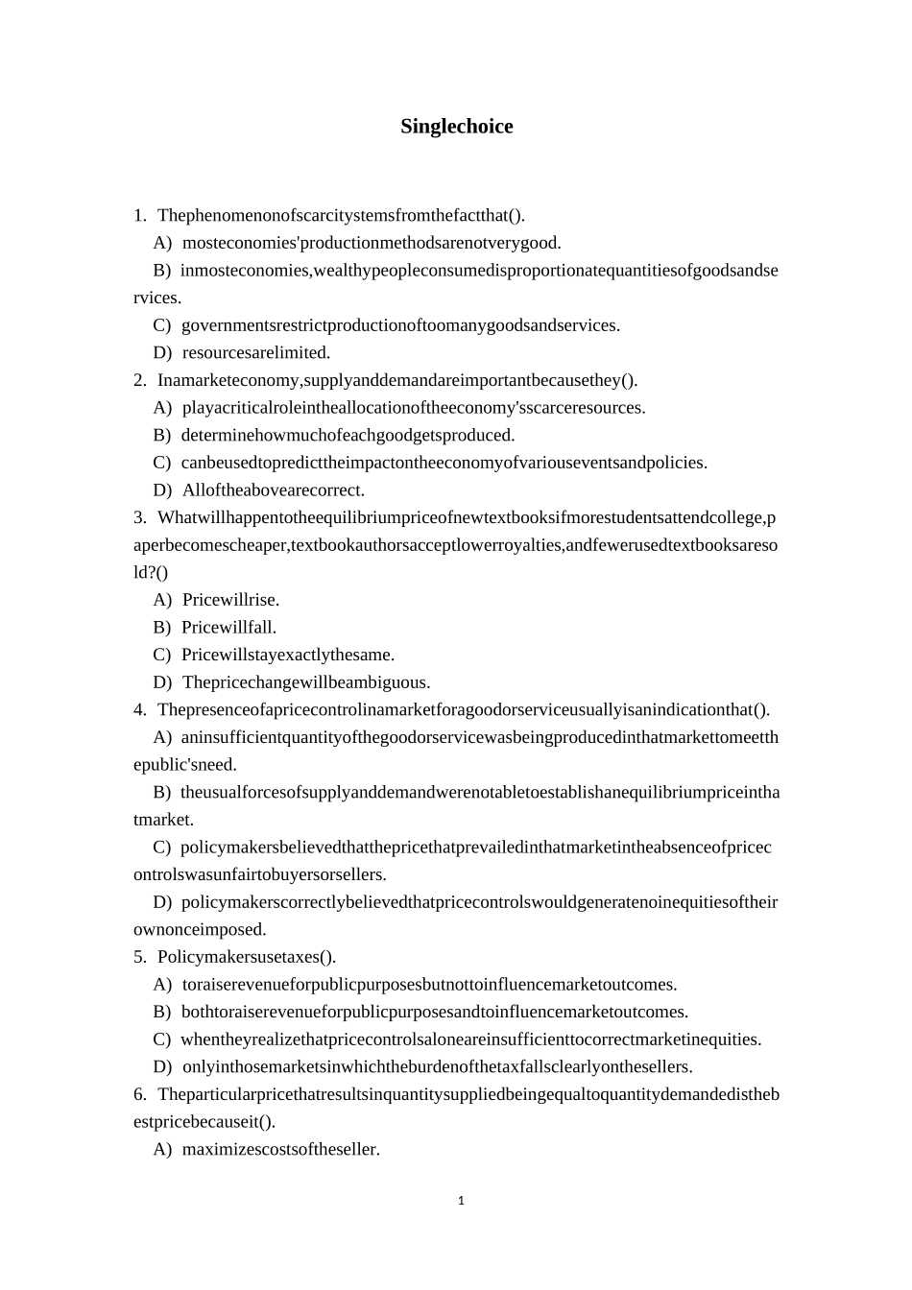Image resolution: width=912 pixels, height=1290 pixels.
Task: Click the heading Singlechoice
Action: (456, 127)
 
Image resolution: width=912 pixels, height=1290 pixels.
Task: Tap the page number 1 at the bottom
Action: (461, 1200)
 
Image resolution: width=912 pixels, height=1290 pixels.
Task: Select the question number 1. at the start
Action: (140, 215)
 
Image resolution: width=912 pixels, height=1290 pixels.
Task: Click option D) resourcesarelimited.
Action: (255, 352)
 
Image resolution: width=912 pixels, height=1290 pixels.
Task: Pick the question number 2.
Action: (140, 380)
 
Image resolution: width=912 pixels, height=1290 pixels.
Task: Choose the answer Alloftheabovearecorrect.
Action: (274, 490)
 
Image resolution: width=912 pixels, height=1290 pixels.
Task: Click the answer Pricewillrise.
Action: (230, 600)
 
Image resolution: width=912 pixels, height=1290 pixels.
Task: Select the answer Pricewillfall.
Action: (228, 628)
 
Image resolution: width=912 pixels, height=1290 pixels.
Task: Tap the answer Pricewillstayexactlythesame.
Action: (288, 655)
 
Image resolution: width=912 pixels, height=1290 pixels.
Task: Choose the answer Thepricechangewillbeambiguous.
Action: (306, 682)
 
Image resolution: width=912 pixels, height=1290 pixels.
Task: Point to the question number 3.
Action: (140, 517)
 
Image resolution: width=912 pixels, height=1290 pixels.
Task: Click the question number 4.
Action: (140, 709)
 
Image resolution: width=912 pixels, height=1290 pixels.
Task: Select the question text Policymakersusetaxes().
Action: (247, 957)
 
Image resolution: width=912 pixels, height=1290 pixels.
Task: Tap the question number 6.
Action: (140, 1094)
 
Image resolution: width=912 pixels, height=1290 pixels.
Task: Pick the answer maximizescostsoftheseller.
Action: (280, 1149)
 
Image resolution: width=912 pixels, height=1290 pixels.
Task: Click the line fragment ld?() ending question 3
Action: (151, 572)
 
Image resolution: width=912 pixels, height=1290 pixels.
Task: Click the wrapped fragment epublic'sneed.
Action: (184, 765)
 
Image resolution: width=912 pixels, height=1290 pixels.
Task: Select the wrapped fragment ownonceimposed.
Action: (200, 929)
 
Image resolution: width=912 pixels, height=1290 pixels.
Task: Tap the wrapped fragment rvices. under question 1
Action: (157, 298)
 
